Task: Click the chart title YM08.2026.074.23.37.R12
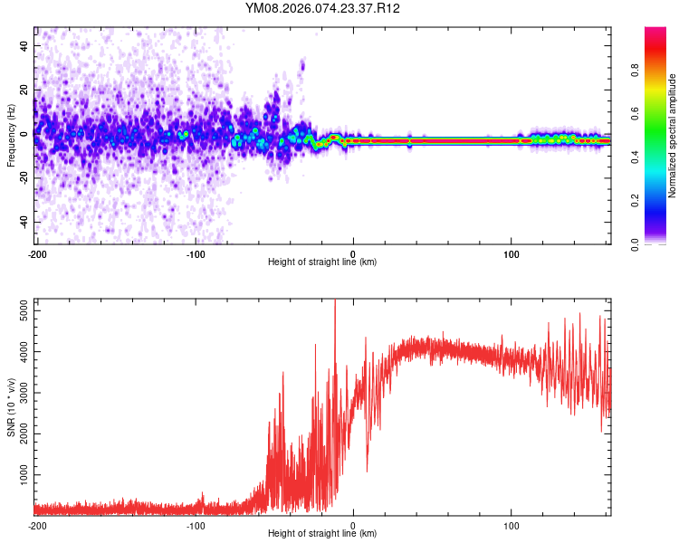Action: (322, 8)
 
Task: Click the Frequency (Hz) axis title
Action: (11, 136)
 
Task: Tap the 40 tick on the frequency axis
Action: (25, 44)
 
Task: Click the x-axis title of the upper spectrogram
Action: (322, 262)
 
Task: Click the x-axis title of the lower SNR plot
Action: (322, 534)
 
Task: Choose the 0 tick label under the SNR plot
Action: (353, 524)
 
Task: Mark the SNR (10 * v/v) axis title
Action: (11, 407)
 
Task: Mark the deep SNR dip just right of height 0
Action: (367, 470)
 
